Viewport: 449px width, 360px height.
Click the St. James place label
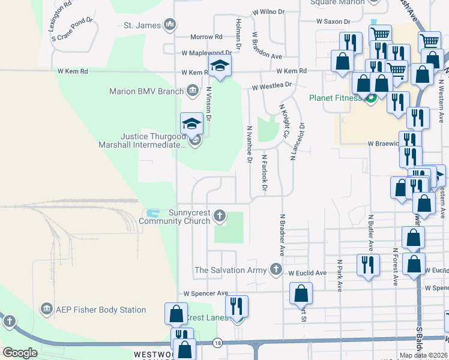point(142,25)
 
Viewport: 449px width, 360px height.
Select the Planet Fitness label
point(336,98)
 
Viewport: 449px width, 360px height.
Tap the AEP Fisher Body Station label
point(101,310)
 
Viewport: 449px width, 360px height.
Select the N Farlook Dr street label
point(264,174)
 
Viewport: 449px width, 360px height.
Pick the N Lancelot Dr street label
point(294,142)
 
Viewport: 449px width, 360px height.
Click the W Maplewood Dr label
point(203,53)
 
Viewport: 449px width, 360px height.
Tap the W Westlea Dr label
point(271,86)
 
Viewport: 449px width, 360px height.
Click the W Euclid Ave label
point(307,273)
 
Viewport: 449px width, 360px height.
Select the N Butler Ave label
point(371,233)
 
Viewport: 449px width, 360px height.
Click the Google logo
point(20,353)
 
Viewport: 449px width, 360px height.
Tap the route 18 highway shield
point(217,343)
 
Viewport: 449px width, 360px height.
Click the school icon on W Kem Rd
point(220,67)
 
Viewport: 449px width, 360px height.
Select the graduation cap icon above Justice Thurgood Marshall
point(192,124)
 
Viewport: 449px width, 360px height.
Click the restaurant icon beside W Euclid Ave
point(368,265)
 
